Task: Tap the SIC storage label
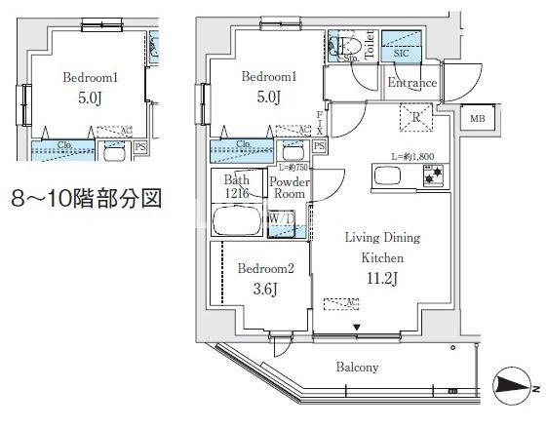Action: point(401,53)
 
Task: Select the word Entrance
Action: point(411,83)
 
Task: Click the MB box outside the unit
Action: point(477,118)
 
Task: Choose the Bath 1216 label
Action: point(237,186)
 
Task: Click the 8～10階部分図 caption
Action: point(85,201)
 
